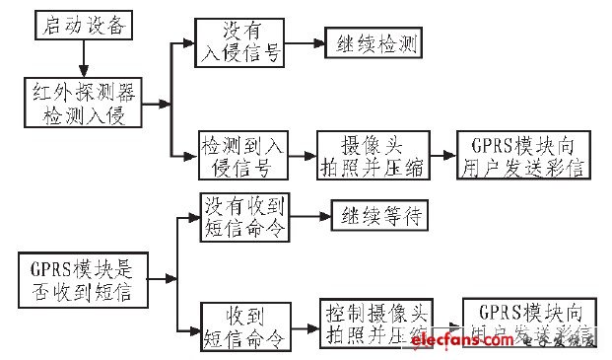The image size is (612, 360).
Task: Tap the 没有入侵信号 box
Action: (239, 43)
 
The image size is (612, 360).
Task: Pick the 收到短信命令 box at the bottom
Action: (243, 327)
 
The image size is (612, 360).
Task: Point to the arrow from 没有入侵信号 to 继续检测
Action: (306, 43)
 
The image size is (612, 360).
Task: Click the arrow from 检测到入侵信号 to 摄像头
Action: (303, 156)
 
